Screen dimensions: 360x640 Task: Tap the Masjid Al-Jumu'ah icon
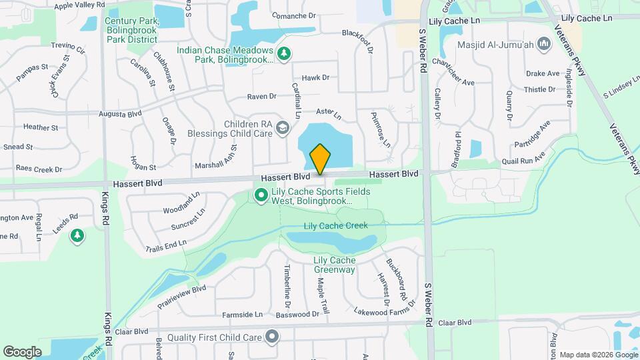(x=543, y=45)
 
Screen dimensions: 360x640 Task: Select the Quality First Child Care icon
(x=271, y=337)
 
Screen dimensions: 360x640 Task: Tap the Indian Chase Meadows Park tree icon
(x=284, y=53)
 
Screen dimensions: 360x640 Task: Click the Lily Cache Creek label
(x=335, y=226)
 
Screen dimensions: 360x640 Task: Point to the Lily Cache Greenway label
(x=334, y=265)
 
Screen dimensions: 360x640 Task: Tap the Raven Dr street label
(x=261, y=97)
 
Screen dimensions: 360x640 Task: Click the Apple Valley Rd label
(x=79, y=5)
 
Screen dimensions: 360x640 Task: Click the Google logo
(x=22, y=351)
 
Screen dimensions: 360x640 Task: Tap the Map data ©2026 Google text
(x=597, y=355)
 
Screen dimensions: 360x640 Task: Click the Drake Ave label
(x=543, y=73)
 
